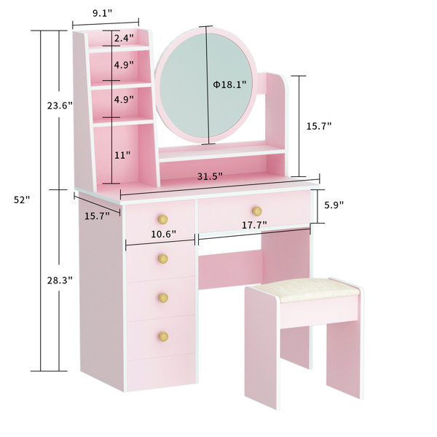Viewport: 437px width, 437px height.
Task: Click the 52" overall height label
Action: coord(22,200)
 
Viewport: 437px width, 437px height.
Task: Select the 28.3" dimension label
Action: coord(60,280)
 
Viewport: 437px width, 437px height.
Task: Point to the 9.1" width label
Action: coord(103,12)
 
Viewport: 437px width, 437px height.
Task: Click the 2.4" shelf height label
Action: coord(123,38)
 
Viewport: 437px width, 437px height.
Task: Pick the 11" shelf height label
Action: coord(122,155)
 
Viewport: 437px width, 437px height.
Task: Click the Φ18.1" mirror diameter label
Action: coord(229,84)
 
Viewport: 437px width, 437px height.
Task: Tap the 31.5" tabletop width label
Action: coord(209,176)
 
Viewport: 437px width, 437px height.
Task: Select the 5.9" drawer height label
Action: coord(334,206)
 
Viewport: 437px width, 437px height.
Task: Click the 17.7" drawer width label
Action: coord(255,226)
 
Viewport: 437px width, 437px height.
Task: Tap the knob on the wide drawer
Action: coord(256,211)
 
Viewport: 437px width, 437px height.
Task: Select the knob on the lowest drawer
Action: coord(163,335)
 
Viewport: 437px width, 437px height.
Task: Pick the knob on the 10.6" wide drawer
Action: coord(163,219)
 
